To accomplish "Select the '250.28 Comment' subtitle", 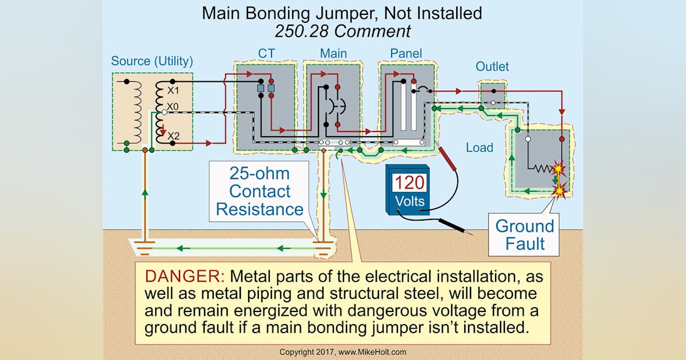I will [342, 30].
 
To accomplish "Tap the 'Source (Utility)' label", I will [151, 61].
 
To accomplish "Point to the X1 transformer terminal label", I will [173, 91].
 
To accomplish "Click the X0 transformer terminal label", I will [173, 107].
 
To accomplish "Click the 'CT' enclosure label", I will [266, 54].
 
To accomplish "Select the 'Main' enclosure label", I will [333, 54].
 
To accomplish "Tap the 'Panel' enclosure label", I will [406, 54].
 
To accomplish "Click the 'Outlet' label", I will [492, 67].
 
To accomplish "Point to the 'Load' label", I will [479, 147].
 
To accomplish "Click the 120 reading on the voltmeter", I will [409, 183].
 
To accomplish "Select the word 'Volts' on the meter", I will [409, 201].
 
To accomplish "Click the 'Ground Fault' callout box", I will [525, 234].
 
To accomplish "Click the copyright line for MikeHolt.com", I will [342, 352].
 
